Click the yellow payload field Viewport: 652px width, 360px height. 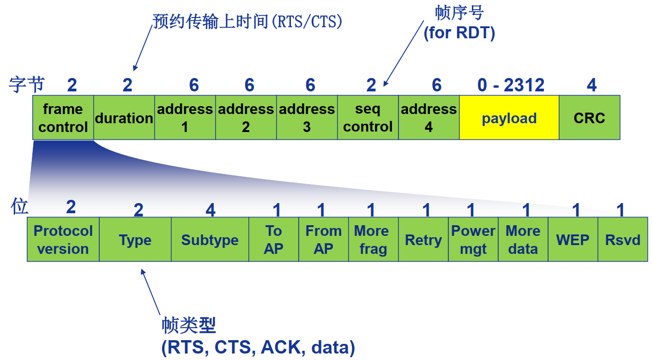point(509,118)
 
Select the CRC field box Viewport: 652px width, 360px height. point(589,118)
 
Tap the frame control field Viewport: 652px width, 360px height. point(63,118)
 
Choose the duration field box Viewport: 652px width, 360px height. point(124,118)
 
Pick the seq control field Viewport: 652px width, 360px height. point(368,118)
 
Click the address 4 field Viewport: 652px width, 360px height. point(429,118)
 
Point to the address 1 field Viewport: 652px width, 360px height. point(185,118)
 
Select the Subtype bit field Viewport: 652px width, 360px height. point(210,240)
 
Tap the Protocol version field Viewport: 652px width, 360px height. point(63,240)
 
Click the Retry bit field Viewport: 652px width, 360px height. point(423,240)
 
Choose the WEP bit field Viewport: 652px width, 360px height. point(573,240)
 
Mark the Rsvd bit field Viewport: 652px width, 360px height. point(623,240)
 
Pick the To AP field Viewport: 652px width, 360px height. point(274,240)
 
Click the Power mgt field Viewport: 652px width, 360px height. point(473,240)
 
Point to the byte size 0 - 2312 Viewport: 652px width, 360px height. point(511,85)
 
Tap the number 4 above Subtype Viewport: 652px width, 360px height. point(211,210)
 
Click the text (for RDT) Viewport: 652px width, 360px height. point(459,33)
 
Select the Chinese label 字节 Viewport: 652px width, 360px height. point(27,84)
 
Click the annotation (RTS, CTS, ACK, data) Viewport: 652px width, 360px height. point(258,348)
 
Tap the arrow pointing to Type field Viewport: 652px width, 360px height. point(151,292)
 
